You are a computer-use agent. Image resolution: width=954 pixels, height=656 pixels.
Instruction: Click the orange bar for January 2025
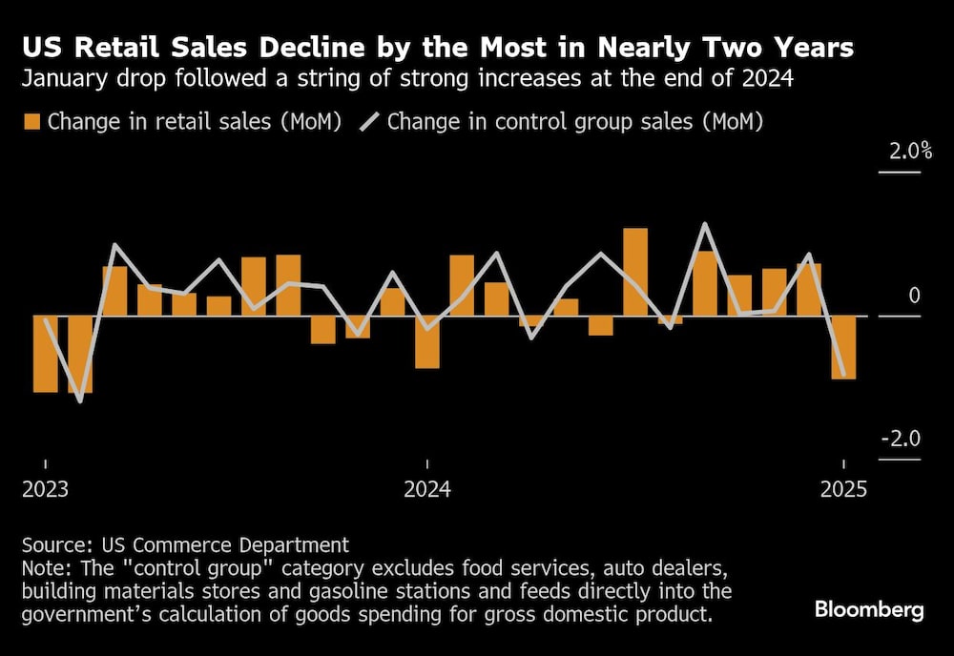pos(843,347)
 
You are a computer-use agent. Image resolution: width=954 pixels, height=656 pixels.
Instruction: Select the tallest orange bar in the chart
pos(635,272)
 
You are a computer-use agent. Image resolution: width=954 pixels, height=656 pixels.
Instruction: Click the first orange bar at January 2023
pos(45,353)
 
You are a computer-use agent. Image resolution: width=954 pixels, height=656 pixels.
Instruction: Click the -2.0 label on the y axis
pos(901,440)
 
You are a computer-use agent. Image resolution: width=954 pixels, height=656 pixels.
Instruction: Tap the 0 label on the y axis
pos(914,297)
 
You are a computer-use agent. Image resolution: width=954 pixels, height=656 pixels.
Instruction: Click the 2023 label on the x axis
pos(45,490)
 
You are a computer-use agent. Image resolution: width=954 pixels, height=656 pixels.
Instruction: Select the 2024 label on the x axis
pos(427,490)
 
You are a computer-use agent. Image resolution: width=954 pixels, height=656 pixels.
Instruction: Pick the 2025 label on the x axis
pos(843,490)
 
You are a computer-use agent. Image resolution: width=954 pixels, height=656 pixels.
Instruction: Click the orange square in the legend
pos(31,122)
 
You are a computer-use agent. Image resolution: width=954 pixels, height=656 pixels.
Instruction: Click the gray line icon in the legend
pos(368,122)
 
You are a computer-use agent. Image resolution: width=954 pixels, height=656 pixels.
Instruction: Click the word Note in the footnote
pos(43,569)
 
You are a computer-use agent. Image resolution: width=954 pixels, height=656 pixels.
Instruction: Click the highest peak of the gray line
pos(704,224)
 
